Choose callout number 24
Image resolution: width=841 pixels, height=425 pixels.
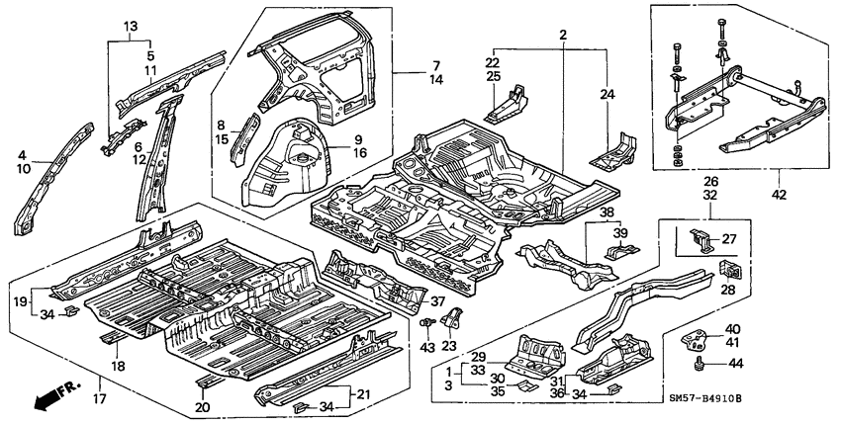click(608, 95)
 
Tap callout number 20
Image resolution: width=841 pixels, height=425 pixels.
click(202, 406)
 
